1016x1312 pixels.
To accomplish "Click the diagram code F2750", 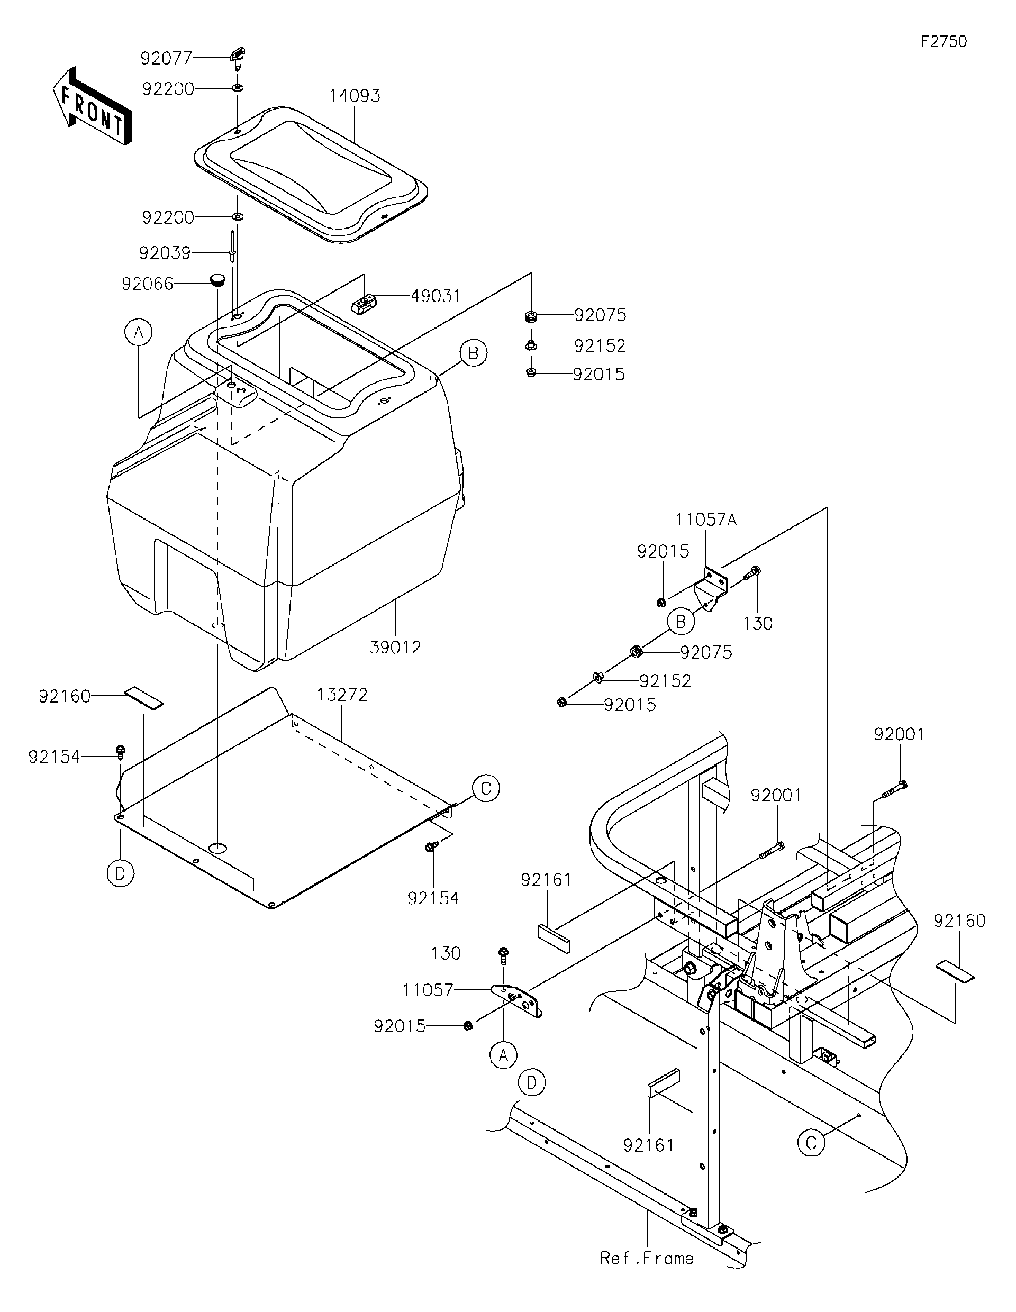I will pos(944,41).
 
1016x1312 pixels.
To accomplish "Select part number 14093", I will pos(355,96).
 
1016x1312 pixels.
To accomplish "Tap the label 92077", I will pos(166,58).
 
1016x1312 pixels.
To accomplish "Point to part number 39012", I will pos(395,648).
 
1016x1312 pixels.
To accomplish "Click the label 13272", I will pos(342,695).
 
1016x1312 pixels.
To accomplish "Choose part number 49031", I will pos(436,296).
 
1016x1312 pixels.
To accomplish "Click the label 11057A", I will pos(705,520).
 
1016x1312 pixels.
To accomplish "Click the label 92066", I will pos(147,284).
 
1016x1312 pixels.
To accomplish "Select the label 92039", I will pos(165,253).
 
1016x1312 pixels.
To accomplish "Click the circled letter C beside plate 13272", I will pos(486,788).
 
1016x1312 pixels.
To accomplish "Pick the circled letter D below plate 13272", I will pos(120,873).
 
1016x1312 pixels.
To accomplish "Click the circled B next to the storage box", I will pos(474,353).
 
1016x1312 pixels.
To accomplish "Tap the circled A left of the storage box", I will pos(139,332).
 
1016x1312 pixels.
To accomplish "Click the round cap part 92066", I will pos(217,279).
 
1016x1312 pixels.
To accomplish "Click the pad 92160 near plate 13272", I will pos(143,699).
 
